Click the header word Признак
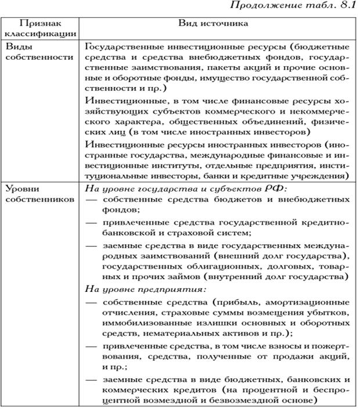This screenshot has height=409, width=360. coord(39,24)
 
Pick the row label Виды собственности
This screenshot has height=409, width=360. coord(35,51)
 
